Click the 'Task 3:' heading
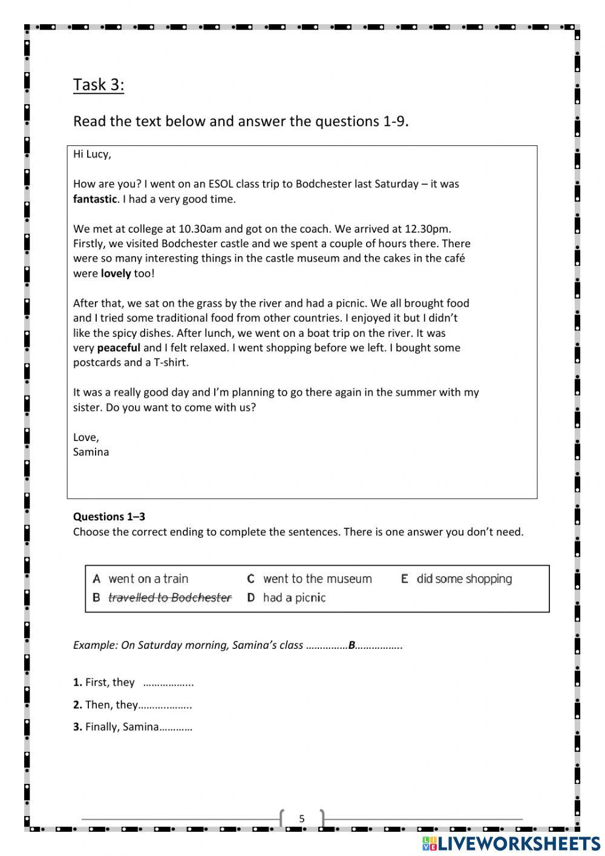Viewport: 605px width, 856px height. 99,85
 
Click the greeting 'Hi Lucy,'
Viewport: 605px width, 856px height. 92,154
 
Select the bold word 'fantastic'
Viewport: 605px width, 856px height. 94,199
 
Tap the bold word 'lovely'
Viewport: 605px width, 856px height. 116,273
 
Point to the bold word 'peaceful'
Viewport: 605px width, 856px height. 119,348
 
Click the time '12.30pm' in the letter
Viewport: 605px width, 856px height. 431,229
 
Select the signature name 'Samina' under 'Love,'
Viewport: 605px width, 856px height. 91,452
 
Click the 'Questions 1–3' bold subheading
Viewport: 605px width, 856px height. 109,517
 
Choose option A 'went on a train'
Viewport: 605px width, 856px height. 148,579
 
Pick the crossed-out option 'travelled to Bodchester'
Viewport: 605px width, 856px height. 169,598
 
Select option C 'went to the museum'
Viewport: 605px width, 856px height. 317,579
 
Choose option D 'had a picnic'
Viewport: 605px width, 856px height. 294,598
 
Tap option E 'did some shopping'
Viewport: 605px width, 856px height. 464,579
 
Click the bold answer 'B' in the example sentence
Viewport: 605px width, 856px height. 352,645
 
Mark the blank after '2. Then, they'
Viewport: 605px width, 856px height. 165,705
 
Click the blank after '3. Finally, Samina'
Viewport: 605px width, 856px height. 175,727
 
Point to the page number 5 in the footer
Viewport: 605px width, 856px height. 302,819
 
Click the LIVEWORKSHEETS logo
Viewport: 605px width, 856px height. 511,843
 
